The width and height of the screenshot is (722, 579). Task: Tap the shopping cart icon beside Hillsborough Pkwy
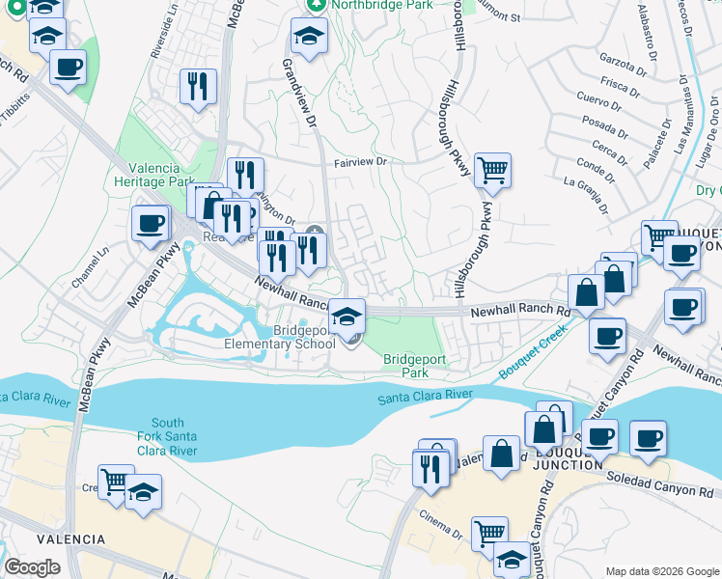tap(492, 171)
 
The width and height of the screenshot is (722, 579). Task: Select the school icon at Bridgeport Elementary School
tap(347, 315)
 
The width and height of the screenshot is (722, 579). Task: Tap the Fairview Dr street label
tap(360, 162)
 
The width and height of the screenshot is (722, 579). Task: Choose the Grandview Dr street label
tap(300, 94)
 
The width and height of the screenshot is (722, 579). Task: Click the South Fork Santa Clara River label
tap(168, 436)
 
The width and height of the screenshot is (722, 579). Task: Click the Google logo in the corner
tap(33, 567)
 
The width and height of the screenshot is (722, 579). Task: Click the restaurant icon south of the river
tap(430, 469)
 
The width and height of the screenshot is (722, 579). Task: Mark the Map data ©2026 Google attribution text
tap(660, 571)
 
